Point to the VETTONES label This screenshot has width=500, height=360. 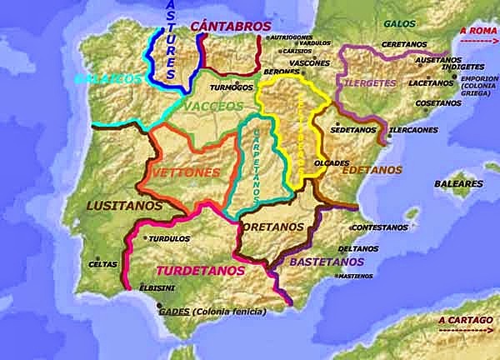[188, 172]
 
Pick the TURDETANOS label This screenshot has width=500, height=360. [200, 271]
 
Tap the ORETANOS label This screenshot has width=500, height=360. [273, 226]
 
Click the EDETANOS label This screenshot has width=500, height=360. [371, 169]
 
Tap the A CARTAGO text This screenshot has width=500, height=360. [467, 320]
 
